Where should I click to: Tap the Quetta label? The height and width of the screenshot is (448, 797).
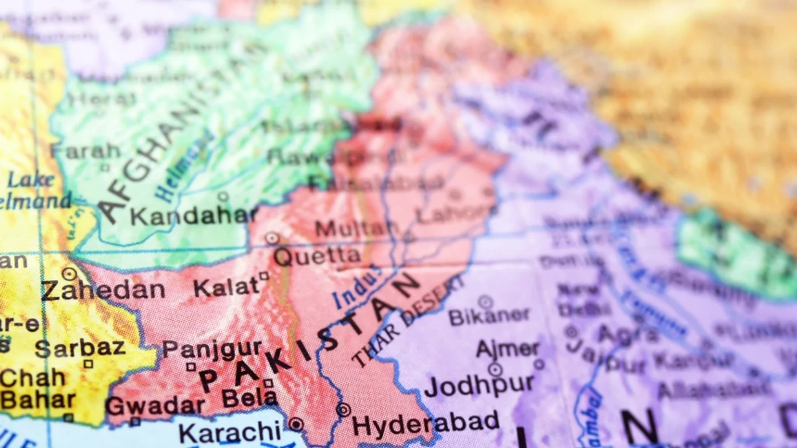317,256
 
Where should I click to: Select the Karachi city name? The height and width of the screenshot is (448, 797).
230,431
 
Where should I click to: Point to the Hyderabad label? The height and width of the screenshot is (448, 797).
425,424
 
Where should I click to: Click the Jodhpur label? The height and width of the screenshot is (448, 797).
479,385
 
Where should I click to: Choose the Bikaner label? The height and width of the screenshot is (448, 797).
489,317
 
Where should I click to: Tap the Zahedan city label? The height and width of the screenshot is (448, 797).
103,290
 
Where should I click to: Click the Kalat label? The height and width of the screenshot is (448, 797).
225,287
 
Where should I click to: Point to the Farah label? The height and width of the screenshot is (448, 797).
85,151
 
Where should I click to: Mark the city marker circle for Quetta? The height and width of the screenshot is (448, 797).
272,238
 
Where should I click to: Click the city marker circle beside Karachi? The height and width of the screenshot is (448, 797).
296,424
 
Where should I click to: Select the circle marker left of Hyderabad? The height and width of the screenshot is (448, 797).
343,410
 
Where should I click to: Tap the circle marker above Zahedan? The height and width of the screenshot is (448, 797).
69,274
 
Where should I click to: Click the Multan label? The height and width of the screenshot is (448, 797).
352,229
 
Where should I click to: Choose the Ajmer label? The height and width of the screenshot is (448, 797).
507,348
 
